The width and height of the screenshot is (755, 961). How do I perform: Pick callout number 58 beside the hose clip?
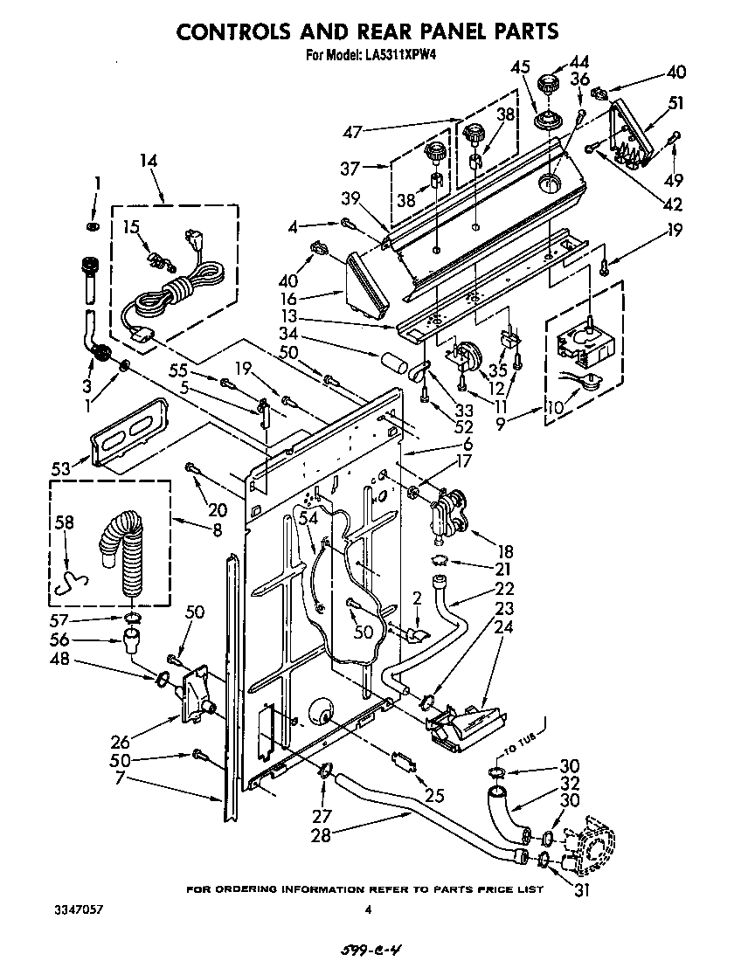point(65,522)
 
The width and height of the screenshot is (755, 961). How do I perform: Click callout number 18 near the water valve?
point(504,551)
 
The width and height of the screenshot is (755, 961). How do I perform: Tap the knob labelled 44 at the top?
point(550,86)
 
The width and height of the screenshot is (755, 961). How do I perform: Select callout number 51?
point(675,103)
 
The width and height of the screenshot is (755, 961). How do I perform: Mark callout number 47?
point(352,133)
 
